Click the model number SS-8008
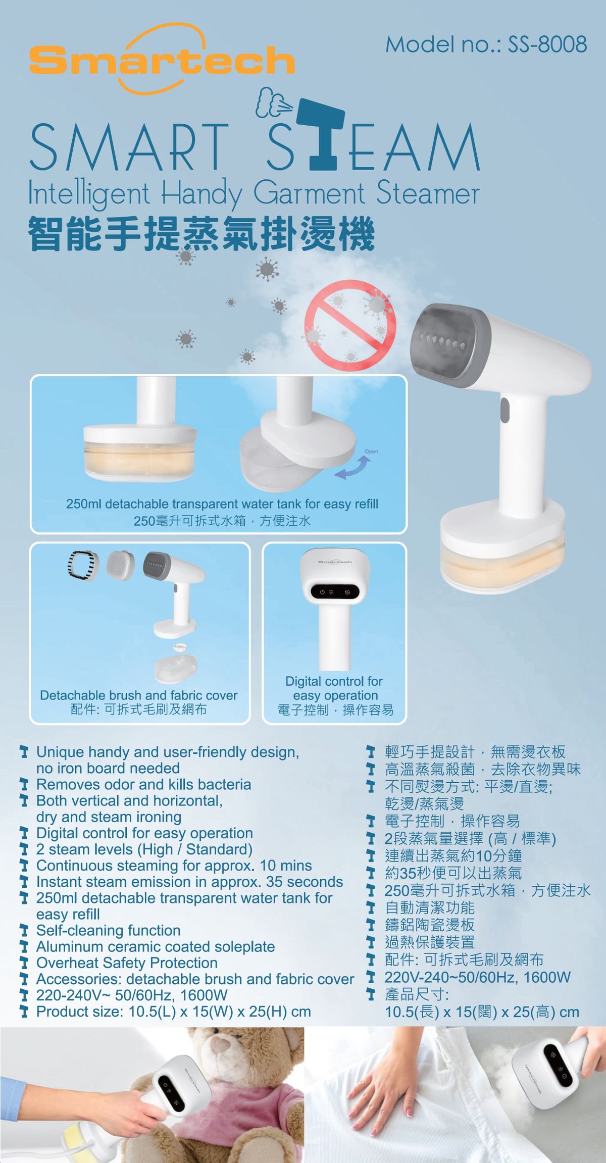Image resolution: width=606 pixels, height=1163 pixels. pyautogui.click(x=547, y=44)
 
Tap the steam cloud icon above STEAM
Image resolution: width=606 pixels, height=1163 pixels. pyautogui.click(x=273, y=103)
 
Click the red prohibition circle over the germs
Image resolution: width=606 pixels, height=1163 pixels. pyautogui.click(x=350, y=325)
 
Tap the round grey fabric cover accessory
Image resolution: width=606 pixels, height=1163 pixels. pyautogui.click(x=121, y=565)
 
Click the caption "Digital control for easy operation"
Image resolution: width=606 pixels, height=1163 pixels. pyautogui.click(x=334, y=688)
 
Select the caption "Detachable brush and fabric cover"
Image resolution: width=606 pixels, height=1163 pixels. pyautogui.click(x=138, y=695)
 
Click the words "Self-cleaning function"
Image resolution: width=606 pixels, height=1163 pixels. pyautogui.click(x=108, y=930)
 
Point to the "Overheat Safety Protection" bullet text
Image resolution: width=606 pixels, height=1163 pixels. pyautogui.click(x=126, y=963)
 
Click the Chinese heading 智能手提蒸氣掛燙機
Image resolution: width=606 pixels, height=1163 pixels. pyautogui.click(x=202, y=234)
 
